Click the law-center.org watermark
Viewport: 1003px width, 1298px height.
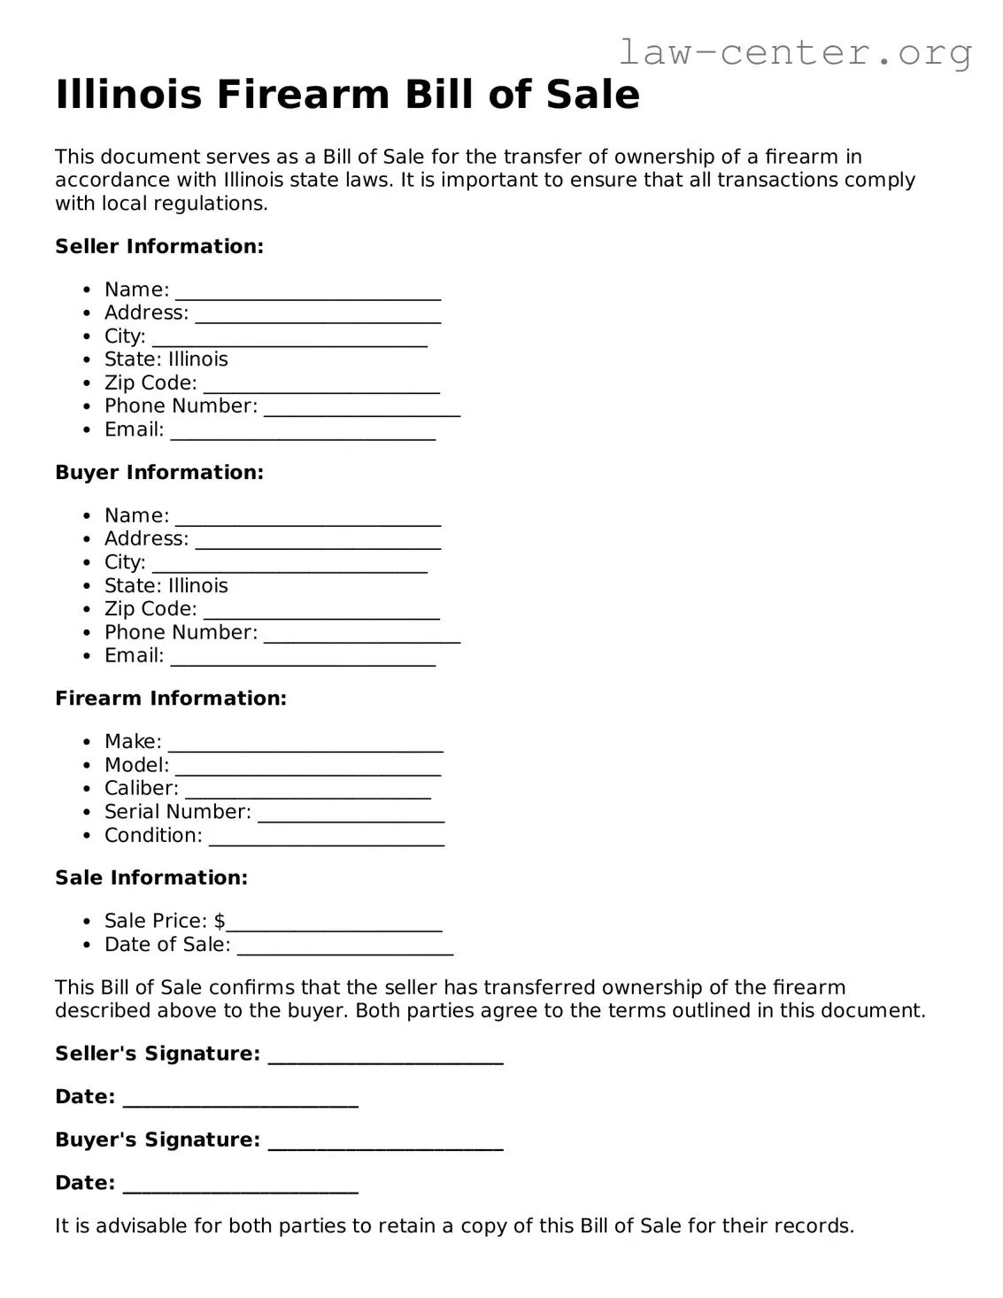tap(794, 52)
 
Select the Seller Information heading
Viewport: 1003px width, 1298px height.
tap(159, 246)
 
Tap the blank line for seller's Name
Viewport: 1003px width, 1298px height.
tap(307, 295)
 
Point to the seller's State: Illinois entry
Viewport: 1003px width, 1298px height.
tap(166, 359)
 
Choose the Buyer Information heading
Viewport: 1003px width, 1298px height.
tap(159, 472)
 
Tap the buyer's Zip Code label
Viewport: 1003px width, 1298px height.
tap(150, 609)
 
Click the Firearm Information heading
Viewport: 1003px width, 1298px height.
tap(171, 699)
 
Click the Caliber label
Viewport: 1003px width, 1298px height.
tap(141, 788)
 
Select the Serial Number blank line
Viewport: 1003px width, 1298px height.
tap(351, 816)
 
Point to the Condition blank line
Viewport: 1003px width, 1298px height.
tap(326, 840)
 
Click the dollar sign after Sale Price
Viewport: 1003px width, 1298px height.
tap(220, 921)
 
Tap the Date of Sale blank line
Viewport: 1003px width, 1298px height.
tap(345, 949)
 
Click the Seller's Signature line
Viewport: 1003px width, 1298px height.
tap(385, 1058)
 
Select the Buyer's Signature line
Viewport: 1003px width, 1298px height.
tap(385, 1144)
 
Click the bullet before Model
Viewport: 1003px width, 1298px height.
tap(87, 766)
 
